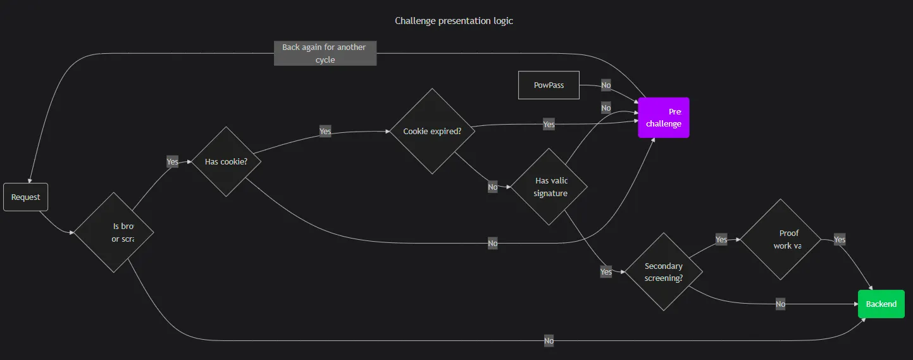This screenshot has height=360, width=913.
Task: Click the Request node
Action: click(25, 197)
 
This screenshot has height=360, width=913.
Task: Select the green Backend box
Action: click(881, 304)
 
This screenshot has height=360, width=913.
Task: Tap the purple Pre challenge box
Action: click(663, 118)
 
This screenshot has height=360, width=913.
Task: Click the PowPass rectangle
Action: click(549, 85)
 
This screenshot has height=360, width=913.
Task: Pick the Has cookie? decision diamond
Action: click(226, 162)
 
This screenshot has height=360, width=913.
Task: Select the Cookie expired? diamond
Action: click(432, 132)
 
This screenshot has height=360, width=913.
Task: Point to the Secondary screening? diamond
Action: click(663, 272)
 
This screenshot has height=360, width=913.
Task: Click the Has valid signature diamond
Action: click(549, 187)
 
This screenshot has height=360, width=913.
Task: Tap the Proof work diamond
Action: click(781, 240)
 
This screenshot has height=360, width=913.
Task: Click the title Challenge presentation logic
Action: click(454, 21)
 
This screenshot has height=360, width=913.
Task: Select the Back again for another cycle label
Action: click(325, 54)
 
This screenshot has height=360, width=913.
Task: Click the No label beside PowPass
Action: click(606, 85)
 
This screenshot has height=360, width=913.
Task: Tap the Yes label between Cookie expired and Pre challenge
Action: click(549, 125)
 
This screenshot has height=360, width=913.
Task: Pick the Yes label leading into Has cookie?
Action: click(172, 162)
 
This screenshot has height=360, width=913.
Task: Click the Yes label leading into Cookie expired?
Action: click(325, 132)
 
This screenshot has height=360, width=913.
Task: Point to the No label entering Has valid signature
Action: click(493, 187)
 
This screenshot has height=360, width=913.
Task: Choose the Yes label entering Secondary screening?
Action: click(606, 272)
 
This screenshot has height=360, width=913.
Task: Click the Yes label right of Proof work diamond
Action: click(840, 240)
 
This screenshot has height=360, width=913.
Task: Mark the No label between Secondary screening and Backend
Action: click(781, 304)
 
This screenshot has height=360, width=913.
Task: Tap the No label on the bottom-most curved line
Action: click(549, 341)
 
